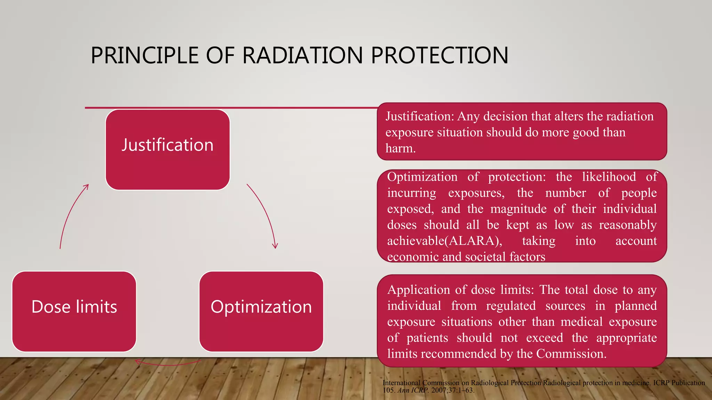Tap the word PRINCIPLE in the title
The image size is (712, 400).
[x=145, y=56]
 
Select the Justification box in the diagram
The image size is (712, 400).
[x=168, y=150]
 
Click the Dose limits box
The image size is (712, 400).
[x=74, y=311]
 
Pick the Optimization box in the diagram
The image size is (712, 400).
[x=261, y=311]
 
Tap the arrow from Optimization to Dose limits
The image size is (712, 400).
[x=168, y=364]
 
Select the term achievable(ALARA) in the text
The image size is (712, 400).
[x=444, y=241]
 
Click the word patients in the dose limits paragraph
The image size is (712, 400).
[x=427, y=338]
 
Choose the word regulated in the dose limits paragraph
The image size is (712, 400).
[x=511, y=306]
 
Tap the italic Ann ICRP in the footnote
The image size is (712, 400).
[x=413, y=390]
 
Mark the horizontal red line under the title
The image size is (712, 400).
[x=229, y=108]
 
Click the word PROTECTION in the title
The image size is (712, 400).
[x=439, y=56]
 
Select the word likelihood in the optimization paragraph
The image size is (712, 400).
[x=609, y=177]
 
